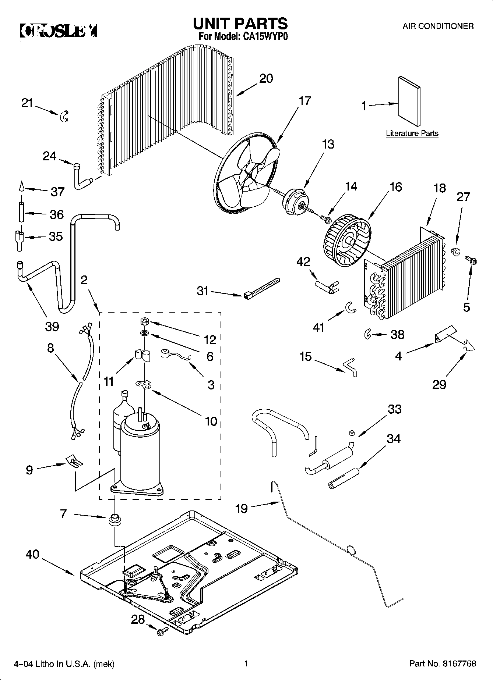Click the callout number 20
tap(266, 78)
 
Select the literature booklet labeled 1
tap(409, 102)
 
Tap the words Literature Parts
tap(412, 133)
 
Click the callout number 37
tap(57, 192)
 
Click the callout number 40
tap(33, 554)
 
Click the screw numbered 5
tap(472, 260)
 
